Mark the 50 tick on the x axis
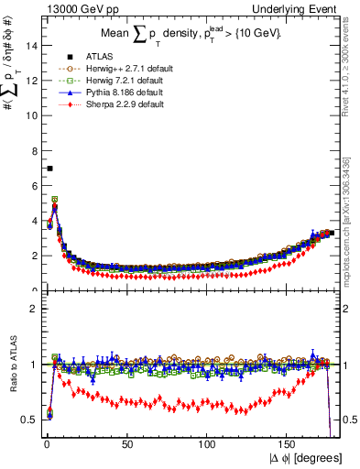[127, 446]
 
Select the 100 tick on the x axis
[208, 446]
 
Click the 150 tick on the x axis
[289, 446]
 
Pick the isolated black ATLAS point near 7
[49, 169]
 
